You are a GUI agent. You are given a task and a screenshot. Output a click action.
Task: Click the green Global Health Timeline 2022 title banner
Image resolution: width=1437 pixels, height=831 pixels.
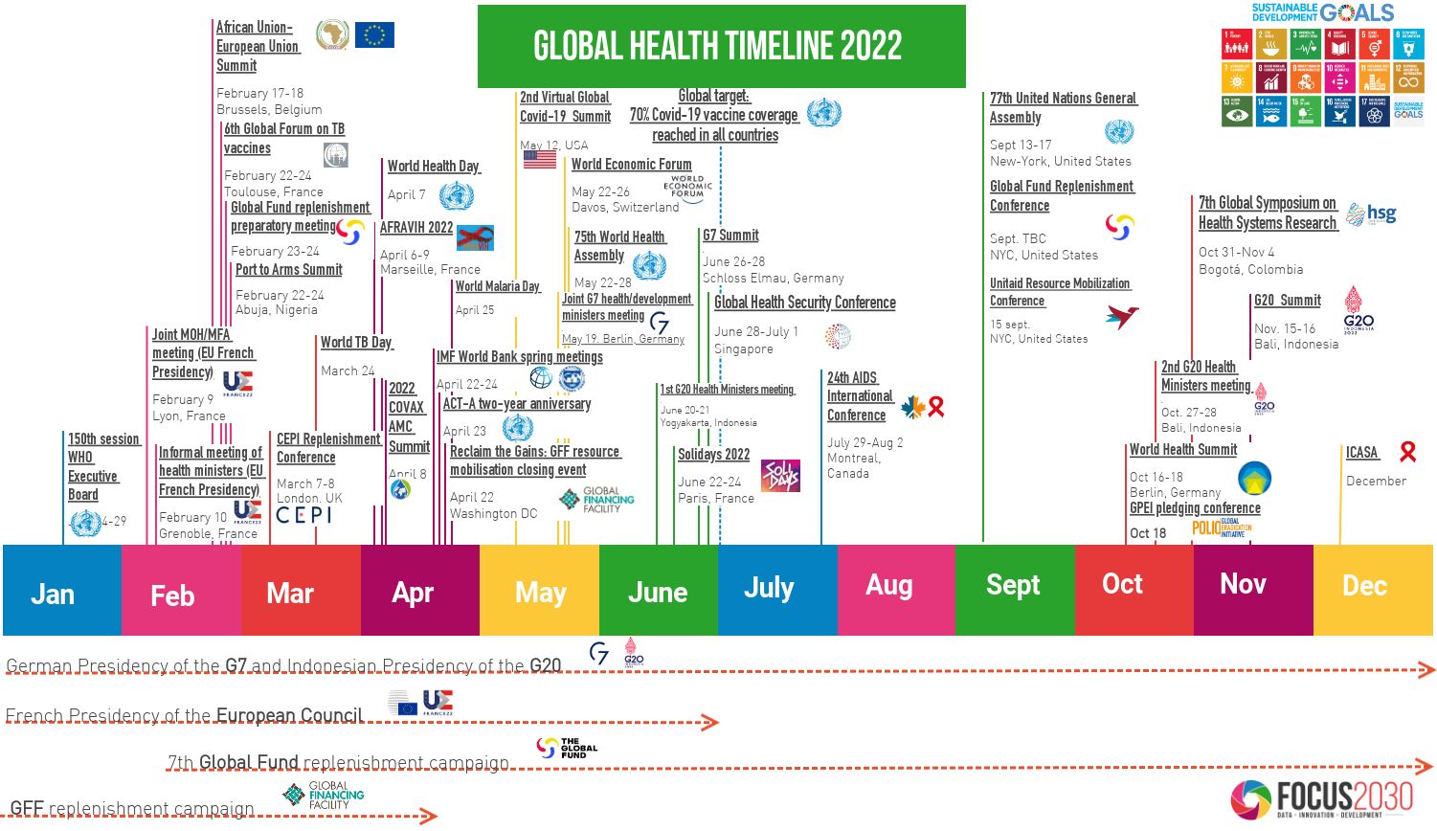click(721, 46)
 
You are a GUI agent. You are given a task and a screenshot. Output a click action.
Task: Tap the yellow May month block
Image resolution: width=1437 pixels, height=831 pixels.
click(539, 591)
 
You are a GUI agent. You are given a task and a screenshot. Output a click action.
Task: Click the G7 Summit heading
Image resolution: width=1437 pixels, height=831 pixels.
click(730, 236)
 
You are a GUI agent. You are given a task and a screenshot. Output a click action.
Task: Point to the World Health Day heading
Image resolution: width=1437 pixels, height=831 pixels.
click(433, 167)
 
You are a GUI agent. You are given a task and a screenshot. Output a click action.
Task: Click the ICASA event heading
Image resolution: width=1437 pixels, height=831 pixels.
click(1361, 453)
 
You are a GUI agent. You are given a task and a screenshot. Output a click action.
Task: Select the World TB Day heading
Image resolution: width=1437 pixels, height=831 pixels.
click(356, 343)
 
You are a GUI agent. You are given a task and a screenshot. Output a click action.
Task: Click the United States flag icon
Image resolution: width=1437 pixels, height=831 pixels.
click(540, 159)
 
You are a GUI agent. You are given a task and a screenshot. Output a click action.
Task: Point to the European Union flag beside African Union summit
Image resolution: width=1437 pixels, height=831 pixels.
click(374, 35)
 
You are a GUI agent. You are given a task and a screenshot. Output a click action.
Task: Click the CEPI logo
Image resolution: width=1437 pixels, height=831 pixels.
click(303, 515)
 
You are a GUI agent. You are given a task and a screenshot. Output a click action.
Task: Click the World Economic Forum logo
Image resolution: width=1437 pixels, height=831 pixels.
click(687, 187)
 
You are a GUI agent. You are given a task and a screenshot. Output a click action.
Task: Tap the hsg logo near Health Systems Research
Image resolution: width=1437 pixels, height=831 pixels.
click(1371, 214)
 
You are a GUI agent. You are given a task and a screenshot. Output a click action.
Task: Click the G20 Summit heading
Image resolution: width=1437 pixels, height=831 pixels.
click(1287, 301)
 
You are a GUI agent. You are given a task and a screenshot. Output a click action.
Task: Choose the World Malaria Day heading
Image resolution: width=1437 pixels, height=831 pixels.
click(497, 286)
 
